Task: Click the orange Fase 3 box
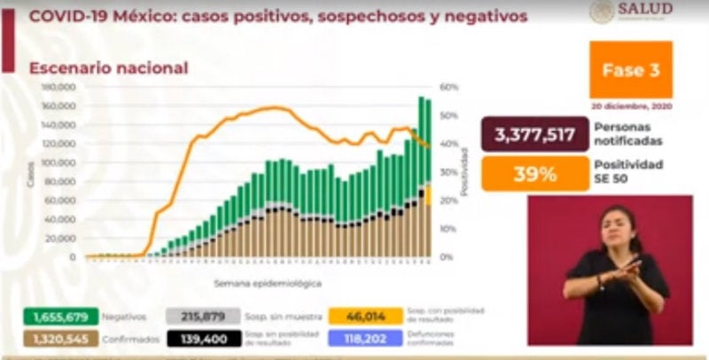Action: point(631,70)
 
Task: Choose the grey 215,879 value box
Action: point(203,316)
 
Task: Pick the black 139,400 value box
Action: point(203,339)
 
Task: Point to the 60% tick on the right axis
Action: point(448,87)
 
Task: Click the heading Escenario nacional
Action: point(108,67)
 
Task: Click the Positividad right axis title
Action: point(464,173)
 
